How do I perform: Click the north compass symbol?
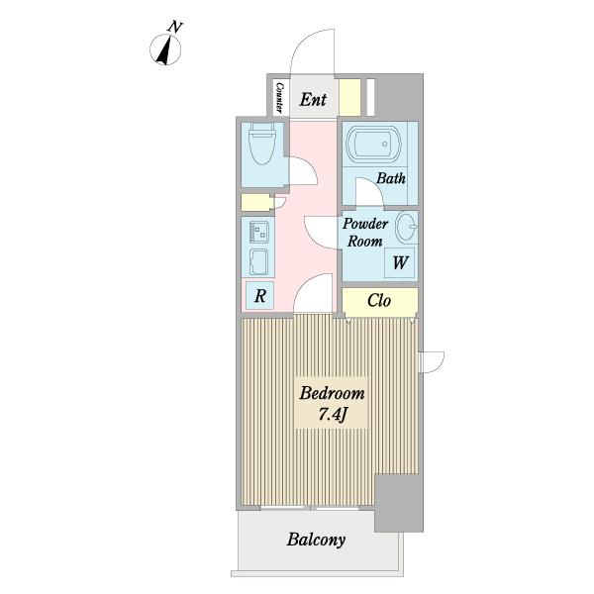click(165, 49)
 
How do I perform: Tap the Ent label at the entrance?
click(313, 100)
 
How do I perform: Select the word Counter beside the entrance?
click(279, 97)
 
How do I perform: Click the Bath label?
click(391, 177)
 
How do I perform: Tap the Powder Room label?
click(365, 233)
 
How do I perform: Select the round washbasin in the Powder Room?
click(406, 227)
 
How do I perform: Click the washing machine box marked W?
click(400, 262)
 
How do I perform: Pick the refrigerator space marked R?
click(259, 296)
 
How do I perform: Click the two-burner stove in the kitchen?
click(259, 233)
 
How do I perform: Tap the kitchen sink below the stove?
click(259, 262)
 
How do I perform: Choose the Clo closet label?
click(379, 301)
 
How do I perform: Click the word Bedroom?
click(332, 394)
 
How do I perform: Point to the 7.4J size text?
click(333, 415)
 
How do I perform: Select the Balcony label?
click(316, 540)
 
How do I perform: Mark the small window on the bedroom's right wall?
click(431, 362)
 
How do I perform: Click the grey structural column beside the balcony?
click(399, 503)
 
